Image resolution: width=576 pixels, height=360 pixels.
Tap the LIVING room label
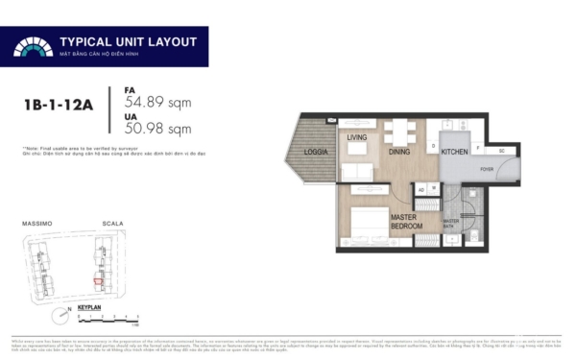(358, 138)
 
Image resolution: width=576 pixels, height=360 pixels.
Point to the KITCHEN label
(454, 152)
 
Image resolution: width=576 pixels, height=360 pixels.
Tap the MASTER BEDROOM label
(410, 222)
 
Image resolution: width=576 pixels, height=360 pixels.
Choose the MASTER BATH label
(451, 222)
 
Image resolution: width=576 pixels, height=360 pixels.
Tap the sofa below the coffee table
(358, 171)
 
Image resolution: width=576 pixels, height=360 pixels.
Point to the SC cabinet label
(501, 152)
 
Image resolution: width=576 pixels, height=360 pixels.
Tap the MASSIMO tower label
(36, 224)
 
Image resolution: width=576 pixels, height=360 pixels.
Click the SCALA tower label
(112, 224)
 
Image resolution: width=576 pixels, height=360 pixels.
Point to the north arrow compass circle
(60, 314)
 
